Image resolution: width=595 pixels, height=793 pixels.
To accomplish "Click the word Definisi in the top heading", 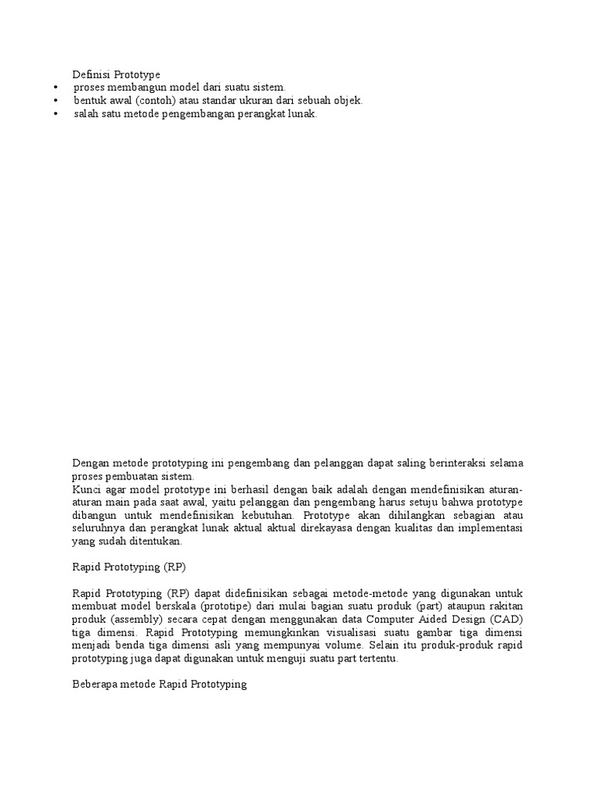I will pos(92,75).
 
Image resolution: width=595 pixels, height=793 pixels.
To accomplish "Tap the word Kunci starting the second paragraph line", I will pos(88,490).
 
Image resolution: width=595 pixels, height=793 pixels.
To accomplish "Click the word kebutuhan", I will pos(268,517).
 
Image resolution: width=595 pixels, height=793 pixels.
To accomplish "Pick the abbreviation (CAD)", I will pos(507,619).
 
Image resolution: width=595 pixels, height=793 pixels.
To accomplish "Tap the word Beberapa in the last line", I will pos(95,685).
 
